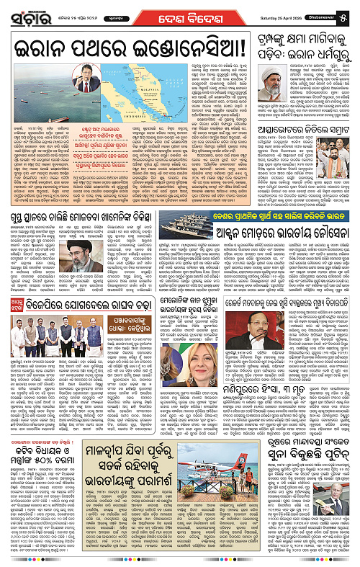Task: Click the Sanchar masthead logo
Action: pos(26,13)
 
